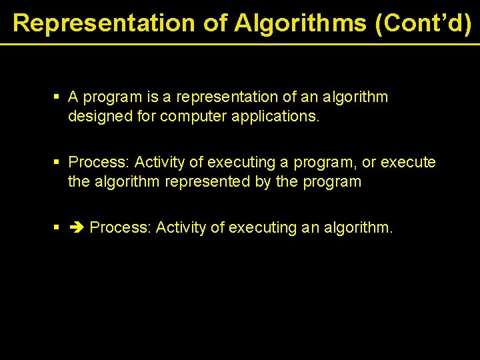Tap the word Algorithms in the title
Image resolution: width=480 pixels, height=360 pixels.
(300, 23)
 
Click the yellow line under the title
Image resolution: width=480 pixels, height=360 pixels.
(240, 44)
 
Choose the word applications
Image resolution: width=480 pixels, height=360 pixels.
(274, 117)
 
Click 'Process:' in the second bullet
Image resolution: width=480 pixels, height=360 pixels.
(99, 163)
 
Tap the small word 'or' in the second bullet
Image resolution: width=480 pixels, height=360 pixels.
(369, 163)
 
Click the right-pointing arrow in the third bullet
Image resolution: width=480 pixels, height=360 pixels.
(77, 228)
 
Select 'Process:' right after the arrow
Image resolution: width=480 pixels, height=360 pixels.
(121, 228)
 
